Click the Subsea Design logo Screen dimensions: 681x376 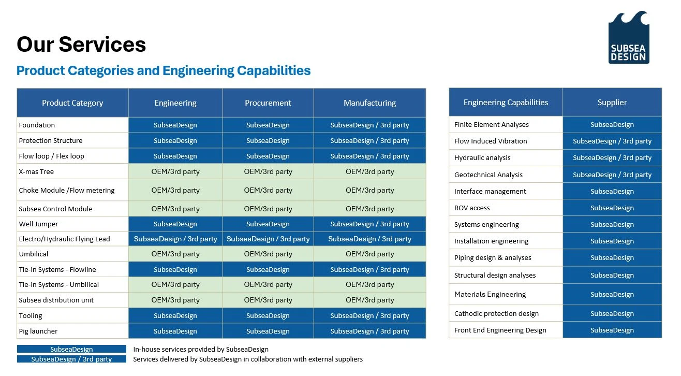pyautogui.click(x=629, y=37)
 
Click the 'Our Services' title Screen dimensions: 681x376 pyautogui.click(x=81, y=45)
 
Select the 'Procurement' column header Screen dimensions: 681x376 pyautogui.click(x=268, y=103)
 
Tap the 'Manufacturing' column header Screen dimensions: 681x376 pyautogui.click(x=369, y=103)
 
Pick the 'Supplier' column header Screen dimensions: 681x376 pyautogui.click(x=612, y=102)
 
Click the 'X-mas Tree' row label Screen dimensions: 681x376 pyautogui.click(x=36, y=171)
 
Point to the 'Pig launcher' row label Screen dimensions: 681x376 pyautogui.click(x=38, y=331)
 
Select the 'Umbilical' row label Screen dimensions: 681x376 pyautogui.click(x=34, y=254)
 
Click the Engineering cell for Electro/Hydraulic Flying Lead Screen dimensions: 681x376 pyautogui.click(x=175, y=239)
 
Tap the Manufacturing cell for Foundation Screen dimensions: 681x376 pyautogui.click(x=369, y=125)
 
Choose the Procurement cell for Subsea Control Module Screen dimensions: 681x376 pyautogui.click(x=268, y=209)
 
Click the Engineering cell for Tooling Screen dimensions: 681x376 pyautogui.click(x=175, y=315)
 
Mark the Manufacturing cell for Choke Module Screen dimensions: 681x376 pyautogui.click(x=369, y=190)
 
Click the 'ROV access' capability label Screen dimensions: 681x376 pyautogui.click(x=472, y=208)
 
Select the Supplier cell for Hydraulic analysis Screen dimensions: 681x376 pyautogui.click(x=612, y=157)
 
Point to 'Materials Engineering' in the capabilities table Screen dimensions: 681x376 pyautogui.click(x=490, y=295)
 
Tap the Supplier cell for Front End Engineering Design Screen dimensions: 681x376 pyautogui.click(x=612, y=330)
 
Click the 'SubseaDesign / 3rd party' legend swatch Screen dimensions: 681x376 pyautogui.click(x=71, y=359)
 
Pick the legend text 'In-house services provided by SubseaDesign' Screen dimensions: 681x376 pyautogui.click(x=201, y=349)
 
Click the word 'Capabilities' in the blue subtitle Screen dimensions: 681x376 pyautogui.click(x=274, y=70)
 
